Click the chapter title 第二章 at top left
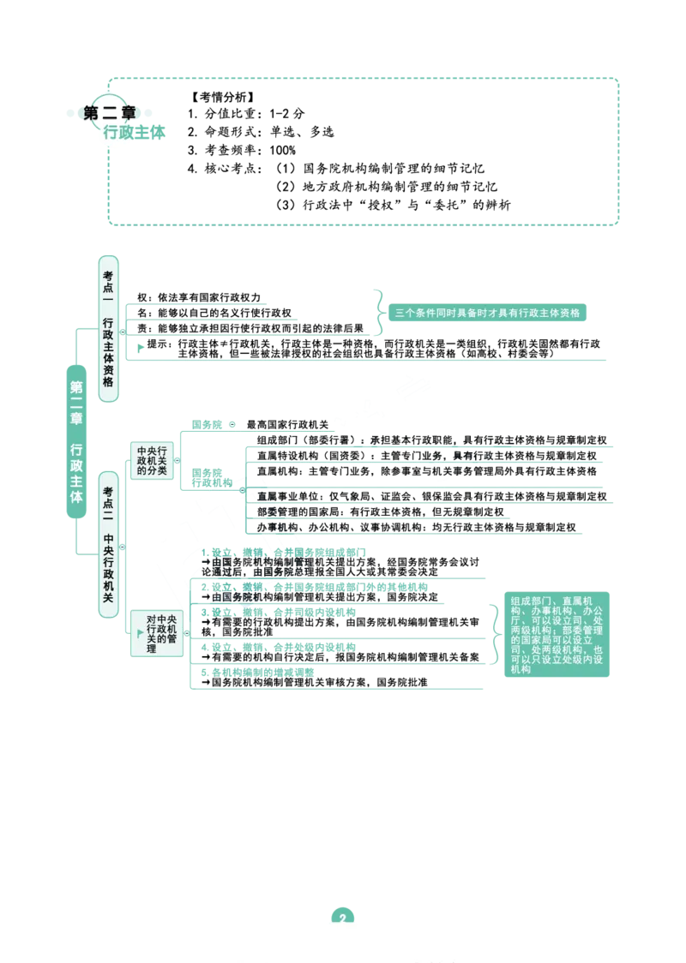tap(110, 113)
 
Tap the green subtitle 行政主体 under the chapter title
tap(134, 132)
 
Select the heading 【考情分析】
tap(222, 97)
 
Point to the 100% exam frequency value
tap(282, 150)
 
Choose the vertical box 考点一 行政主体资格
tap(108, 329)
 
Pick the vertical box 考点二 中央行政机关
tap(108, 544)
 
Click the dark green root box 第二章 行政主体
tap(76, 441)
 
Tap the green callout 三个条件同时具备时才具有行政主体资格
tap(487, 313)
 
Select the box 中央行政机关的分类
tap(152, 460)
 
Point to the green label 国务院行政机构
tap(212, 478)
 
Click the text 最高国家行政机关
tap(287, 424)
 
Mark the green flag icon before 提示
tap(141, 348)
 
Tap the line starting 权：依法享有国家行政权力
tap(199, 297)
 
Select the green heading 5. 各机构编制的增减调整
tap(257, 673)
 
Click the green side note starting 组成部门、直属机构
tap(557, 634)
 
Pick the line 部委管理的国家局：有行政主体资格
tap(380, 511)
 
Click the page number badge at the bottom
tap(342, 916)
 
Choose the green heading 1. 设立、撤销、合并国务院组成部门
tap(283, 552)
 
